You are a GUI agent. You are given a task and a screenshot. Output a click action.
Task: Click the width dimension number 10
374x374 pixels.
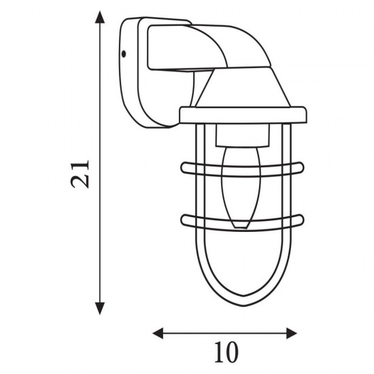(x=225, y=354)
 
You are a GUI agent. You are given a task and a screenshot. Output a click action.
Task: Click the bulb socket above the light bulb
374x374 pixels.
(x=237, y=139)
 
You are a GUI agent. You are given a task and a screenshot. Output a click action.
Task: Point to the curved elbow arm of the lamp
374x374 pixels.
(x=204, y=48)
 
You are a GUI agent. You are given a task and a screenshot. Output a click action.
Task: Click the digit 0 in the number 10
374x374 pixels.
(x=233, y=354)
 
